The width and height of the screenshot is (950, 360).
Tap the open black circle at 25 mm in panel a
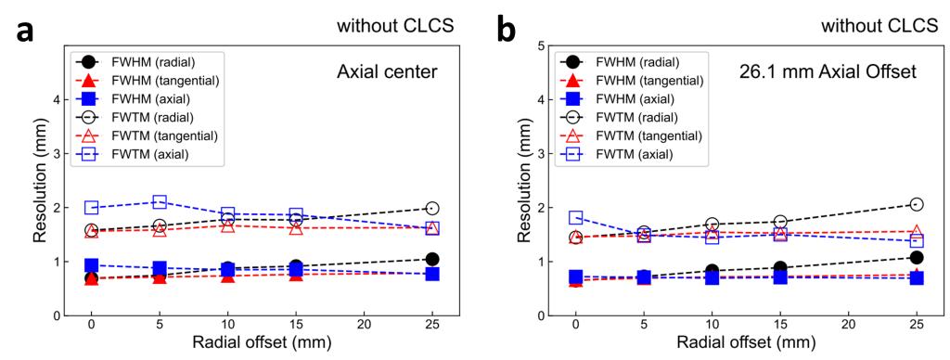pos(432,208)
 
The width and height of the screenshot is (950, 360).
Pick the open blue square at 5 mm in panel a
pos(160,202)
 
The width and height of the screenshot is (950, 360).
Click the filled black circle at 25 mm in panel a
pos(432,259)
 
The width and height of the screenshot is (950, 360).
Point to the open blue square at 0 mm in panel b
pos(575,217)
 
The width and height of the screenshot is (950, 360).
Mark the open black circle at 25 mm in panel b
pos(917,204)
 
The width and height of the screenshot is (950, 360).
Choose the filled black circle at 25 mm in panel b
pos(917,258)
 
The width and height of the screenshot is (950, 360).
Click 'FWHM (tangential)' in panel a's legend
pos(165,80)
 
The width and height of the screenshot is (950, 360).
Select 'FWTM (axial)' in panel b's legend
pos(635,154)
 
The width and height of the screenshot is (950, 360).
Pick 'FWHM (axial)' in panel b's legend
pos(635,98)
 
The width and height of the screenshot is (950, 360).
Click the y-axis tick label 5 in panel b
pos(539,45)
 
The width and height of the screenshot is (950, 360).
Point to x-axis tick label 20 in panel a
pos(364,328)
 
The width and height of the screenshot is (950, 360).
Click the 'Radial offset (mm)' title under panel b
pos(746,342)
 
